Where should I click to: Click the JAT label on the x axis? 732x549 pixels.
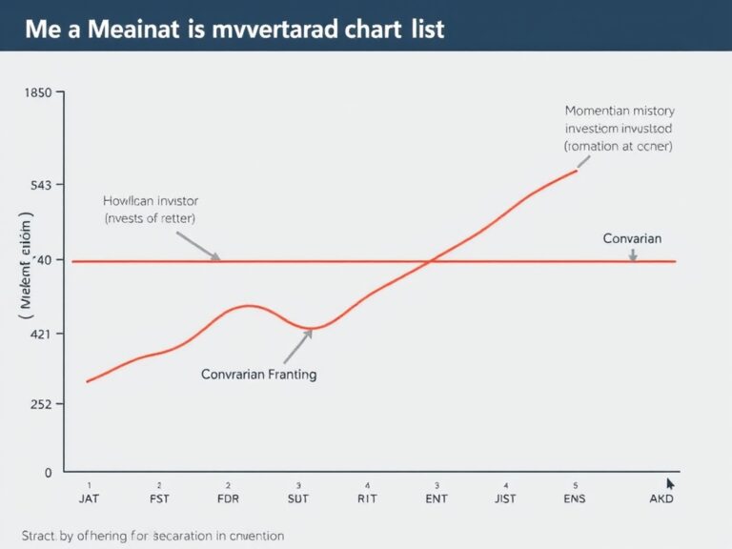point(88,498)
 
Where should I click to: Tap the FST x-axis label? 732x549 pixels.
point(159,498)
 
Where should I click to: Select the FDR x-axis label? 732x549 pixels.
point(229,498)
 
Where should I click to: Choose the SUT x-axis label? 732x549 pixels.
point(298,498)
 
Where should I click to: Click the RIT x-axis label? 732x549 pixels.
point(368,498)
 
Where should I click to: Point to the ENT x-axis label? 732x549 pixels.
point(437,498)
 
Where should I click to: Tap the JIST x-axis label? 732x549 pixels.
point(506,498)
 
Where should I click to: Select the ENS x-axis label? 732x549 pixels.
point(576,498)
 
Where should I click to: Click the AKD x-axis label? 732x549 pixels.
point(661,498)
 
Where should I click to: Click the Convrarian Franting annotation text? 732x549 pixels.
point(259,375)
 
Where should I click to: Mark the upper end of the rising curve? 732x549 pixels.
point(577,171)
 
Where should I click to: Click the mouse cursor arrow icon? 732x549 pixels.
point(670,485)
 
